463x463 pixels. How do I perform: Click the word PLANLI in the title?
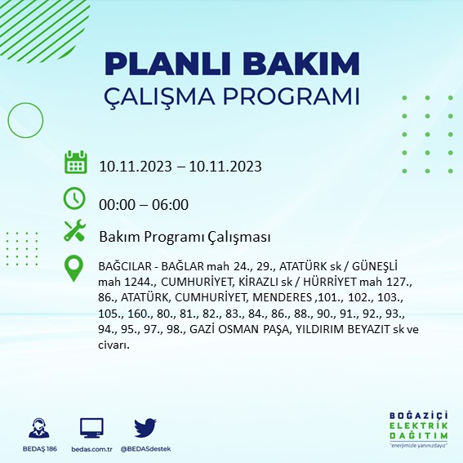coord(167,64)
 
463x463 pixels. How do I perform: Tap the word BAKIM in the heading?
coord(301,64)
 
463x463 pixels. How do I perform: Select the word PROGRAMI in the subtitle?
coord(291,96)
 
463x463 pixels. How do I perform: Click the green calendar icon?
coord(76,162)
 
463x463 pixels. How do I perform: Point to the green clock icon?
coord(74,198)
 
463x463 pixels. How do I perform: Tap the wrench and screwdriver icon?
coord(74,230)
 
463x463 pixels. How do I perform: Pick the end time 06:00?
coord(170,205)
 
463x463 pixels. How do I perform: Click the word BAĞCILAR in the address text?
coord(125,266)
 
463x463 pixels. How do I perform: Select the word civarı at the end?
coord(114,345)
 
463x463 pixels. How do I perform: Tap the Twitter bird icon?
coord(145,427)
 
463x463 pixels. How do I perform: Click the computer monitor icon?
coord(91,428)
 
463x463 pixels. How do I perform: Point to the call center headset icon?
coord(39,428)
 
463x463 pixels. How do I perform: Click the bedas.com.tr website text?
coord(91,449)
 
